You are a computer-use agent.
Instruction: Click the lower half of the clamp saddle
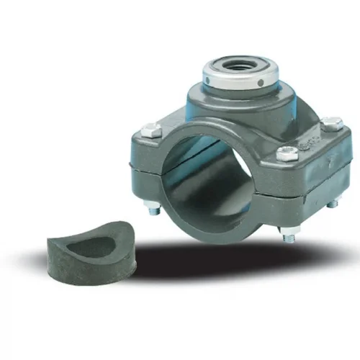238,216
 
